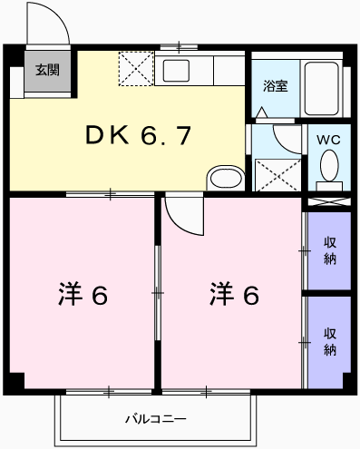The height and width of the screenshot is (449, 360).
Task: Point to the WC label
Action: [x=326, y=142]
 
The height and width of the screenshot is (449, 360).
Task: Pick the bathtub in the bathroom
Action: [x=324, y=88]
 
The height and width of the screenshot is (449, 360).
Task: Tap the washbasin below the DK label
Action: [x=223, y=177]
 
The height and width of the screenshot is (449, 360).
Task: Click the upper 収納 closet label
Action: [x=330, y=249]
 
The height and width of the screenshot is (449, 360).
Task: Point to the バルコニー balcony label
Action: [x=155, y=419]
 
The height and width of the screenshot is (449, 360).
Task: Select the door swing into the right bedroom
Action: [x=181, y=216]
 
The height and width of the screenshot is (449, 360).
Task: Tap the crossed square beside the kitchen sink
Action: [x=136, y=68]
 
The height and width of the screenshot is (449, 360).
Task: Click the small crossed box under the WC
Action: [x=329, y=201]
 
